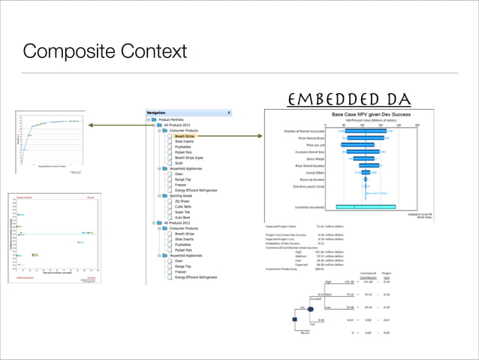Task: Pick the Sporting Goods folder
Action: pyautogui.click(x=179, y=195)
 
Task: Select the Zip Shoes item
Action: pyautogui.click(x=183, y=201)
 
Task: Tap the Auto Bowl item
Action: pyautogui.click(x=183, y=217)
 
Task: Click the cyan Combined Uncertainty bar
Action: pyautogui.click(x=366, y=206)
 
